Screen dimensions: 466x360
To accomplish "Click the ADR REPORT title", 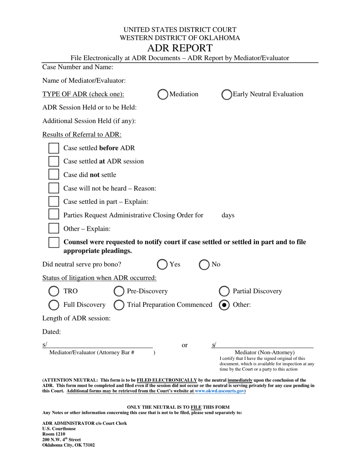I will point(180,48).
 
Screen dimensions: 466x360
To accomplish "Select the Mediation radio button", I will point(163,94).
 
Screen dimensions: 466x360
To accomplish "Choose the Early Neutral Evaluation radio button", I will point(226,94).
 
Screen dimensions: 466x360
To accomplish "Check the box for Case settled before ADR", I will point(54,148).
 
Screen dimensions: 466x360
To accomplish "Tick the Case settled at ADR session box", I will point(54,161).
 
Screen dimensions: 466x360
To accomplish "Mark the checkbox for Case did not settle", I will point(54,175).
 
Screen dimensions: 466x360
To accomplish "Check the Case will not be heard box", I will point(54,188).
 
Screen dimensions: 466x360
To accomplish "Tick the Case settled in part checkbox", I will point(54,202).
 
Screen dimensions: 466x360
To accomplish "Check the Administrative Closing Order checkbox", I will point(54,215).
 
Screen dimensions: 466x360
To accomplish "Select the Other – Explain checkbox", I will point(54,229).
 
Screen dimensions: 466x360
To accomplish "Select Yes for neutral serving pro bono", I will point(163,264).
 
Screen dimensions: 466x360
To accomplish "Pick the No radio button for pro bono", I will point(205,264).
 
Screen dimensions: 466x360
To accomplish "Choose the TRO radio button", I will point(54,291).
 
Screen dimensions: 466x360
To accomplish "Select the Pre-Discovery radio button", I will point(119,291).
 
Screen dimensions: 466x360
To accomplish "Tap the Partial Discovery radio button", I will point(224,291).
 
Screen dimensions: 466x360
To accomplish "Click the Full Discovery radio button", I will point(54,305).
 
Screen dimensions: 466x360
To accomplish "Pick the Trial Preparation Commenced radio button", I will point(119,305).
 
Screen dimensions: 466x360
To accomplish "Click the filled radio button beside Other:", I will point(224,305).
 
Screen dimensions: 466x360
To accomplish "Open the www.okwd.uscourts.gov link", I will point(219,391).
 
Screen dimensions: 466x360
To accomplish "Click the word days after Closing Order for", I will point(228,216).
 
